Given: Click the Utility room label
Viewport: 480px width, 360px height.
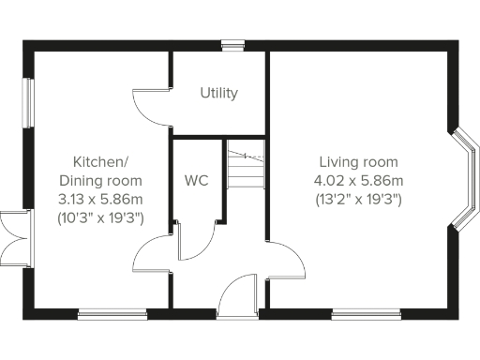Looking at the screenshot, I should point(218,94).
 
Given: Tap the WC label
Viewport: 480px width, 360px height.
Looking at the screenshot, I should point(197,178).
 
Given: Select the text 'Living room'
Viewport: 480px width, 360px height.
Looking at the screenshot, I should point(358,162).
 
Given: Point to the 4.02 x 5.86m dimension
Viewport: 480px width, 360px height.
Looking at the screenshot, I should point(358,180).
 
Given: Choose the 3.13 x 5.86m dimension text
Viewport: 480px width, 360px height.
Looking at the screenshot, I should point(100,198).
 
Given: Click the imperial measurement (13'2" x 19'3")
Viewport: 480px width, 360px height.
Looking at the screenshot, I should point(358,199).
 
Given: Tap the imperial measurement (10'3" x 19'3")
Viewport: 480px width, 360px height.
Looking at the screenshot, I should point(100,217).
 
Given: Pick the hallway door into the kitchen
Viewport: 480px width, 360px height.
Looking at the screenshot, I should point(152,253).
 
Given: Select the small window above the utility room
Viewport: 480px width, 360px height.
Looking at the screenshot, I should point(232,44).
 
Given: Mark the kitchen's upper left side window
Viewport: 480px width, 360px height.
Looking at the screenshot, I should point(29,101).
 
